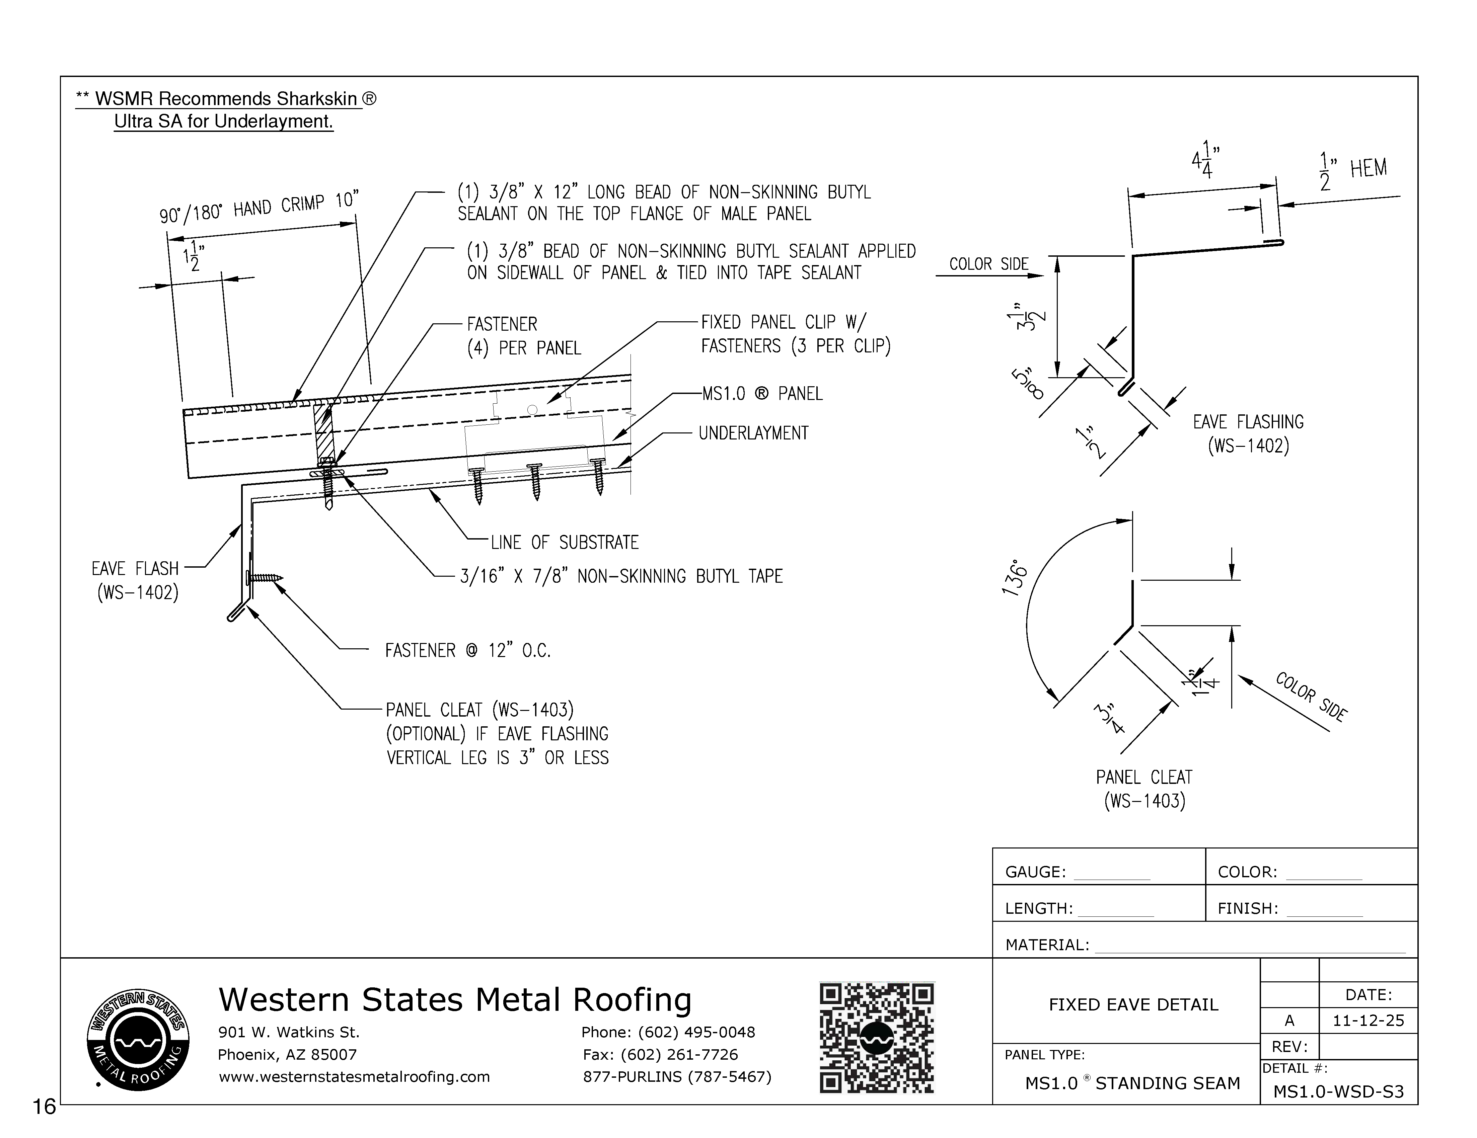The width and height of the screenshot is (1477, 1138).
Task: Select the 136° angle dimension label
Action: (1015, 577)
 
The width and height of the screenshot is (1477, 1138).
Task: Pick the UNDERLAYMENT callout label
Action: (753, 433)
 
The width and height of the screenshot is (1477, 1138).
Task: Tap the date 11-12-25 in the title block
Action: (1368, 1020)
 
